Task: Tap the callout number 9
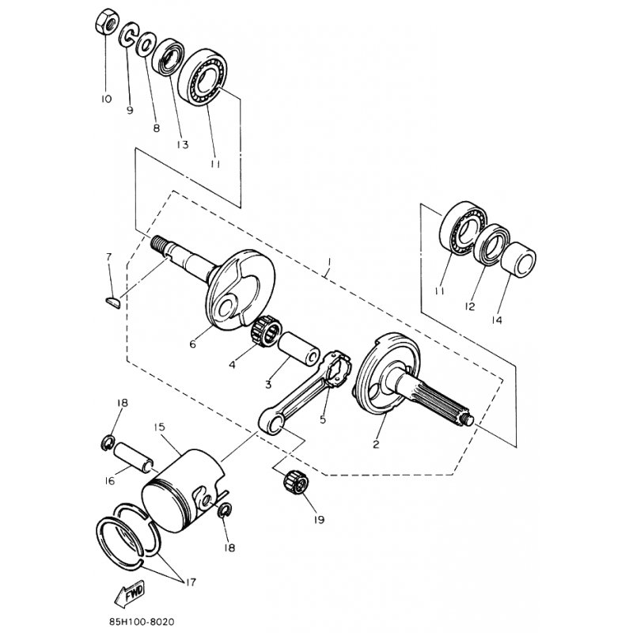coord(130,110)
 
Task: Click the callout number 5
coord(323,419)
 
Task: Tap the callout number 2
coord(376,444)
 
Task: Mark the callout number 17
coord(191,583)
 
